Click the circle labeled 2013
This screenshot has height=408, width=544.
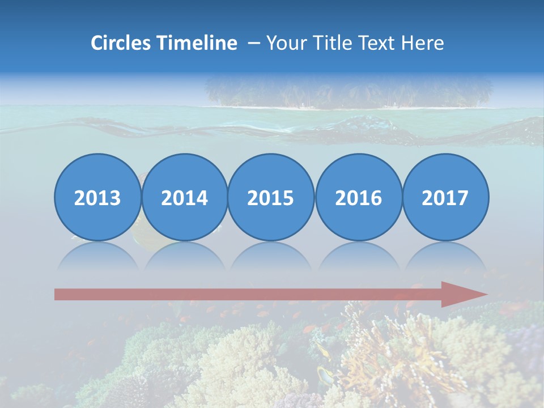[x=97, y=197]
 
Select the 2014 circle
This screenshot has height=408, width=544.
[x=185, y=197]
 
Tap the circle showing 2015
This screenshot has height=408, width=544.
[x=271, y=197]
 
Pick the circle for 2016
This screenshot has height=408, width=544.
[x=358, y=197]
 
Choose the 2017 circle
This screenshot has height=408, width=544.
[x=445, y=197]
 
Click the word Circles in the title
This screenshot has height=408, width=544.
[x=121, y=43]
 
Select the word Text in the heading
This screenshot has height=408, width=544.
[x=375, y=43]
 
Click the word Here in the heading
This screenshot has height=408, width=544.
[x=422, y=43]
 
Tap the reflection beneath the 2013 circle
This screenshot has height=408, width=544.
[x=97, y=258]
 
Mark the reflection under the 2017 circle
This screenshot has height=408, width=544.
[x=445, y=258]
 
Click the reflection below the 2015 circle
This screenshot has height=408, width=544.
[x=271, y=258]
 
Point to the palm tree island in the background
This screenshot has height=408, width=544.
[x=348, y=93]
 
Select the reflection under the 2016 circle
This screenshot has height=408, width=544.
[x=358, y=258]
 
